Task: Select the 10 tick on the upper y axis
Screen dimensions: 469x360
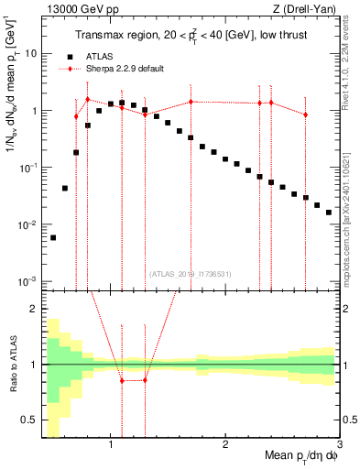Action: coord(32,53)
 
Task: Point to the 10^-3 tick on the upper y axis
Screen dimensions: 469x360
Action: coord(29,281)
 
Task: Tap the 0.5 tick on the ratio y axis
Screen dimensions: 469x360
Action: coord(31,420)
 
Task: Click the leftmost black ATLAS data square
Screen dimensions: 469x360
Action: coord(53,237)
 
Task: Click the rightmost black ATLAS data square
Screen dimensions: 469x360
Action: coord(329,213)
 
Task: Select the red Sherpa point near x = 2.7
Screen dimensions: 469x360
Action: coord(306,115)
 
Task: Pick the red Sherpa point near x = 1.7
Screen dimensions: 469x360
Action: coord(191,102)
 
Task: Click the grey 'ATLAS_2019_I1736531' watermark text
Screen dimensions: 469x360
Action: coord(191,273)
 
